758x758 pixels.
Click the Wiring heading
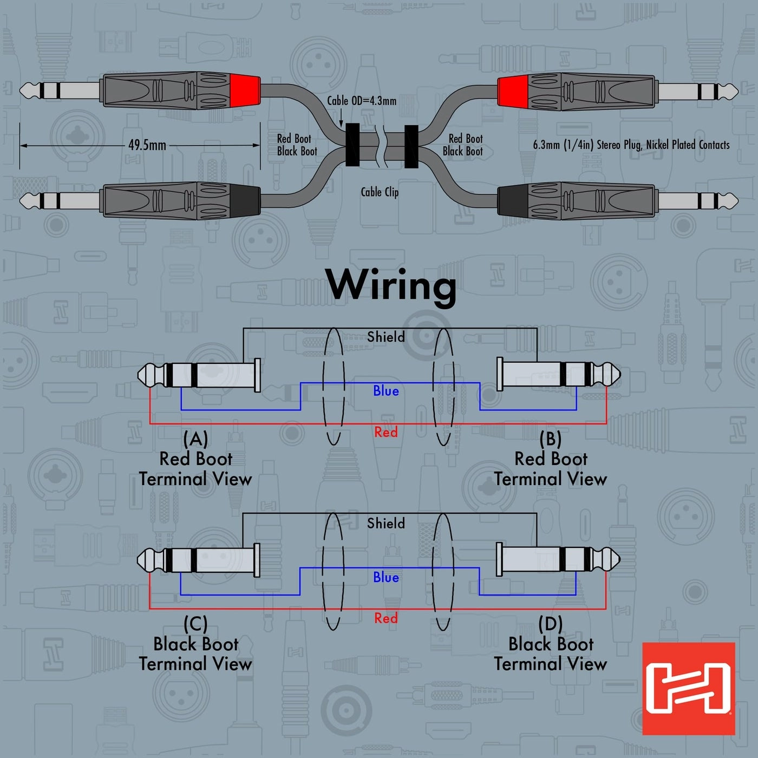tap(391, 285)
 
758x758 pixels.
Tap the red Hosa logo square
tap(688, 688)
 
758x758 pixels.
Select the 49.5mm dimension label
tap(147, 145)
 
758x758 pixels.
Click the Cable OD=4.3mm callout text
tap(362, 101)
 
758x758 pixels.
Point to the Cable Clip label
tap(380, 192)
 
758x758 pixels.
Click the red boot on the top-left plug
tap(245, 90)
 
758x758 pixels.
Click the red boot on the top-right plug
tap(513, 90)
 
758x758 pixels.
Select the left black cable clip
tap(352, 145)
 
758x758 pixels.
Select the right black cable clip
tap(411, 147)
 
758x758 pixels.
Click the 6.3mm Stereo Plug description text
tap(631, 145)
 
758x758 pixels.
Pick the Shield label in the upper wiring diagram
tap(385, 337)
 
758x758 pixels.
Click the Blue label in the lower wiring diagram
tap(385, 577)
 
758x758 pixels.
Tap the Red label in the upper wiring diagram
tap(385, 432)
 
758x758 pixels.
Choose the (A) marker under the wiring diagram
tap(195, 438)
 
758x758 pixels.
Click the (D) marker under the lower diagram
tap(551, 624)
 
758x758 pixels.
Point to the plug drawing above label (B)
tap(558, 374)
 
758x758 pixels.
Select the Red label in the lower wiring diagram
tap(385, 618)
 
